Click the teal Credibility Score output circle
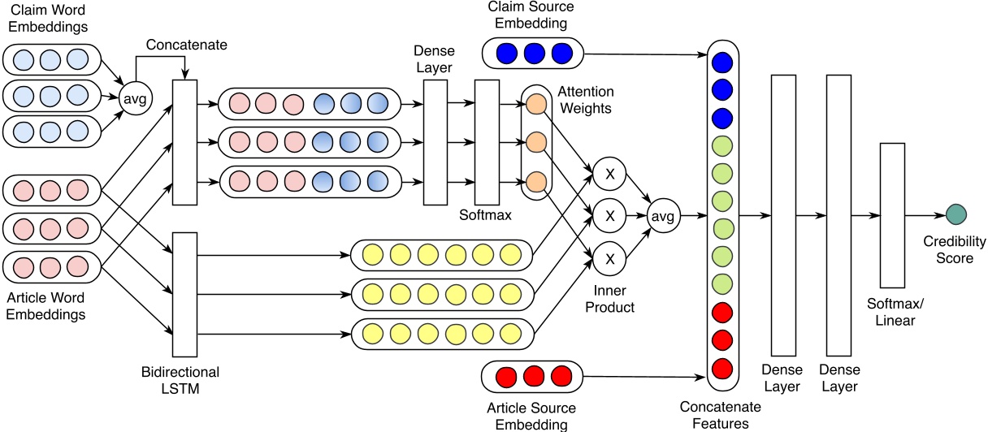tap(956, 215)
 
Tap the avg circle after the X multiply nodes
tap(663, 216)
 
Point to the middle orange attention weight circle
tap(535, 142)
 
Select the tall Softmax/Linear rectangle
tap(891, 215)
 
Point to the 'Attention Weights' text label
tap(586, 100)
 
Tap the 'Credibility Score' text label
tap(955, 250)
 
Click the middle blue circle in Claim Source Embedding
tap(534, 54)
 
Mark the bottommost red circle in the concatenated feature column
tap(720, 368)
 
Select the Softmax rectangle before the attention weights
tap(487, 142)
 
